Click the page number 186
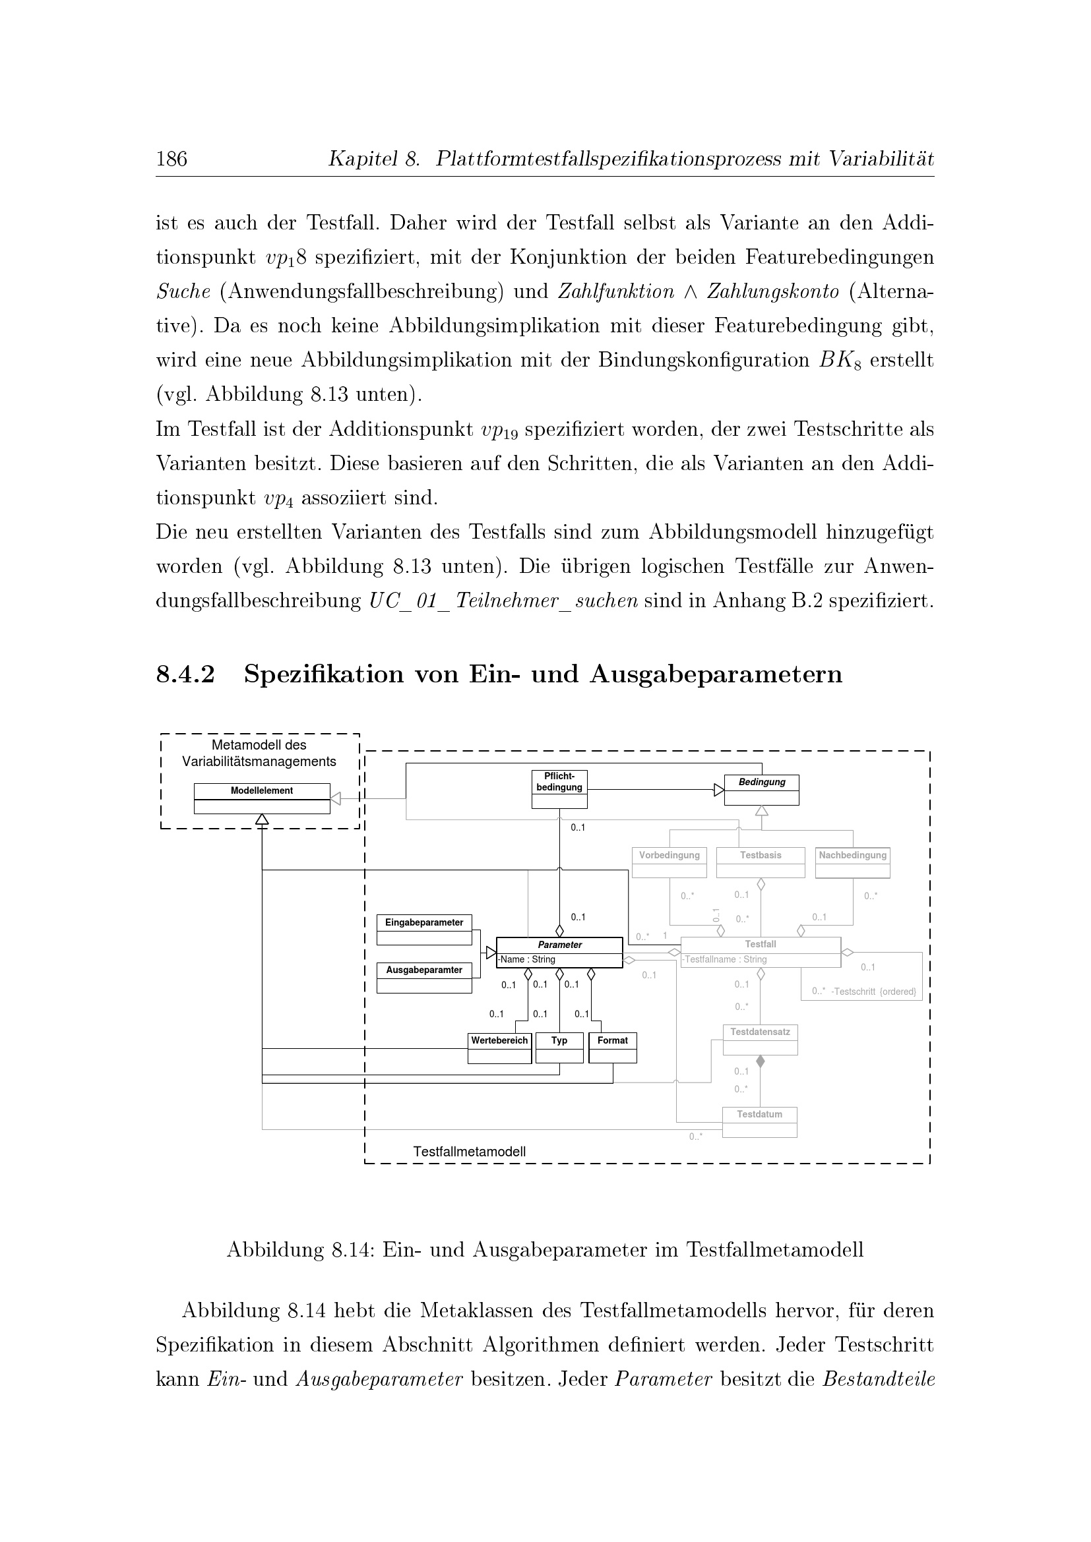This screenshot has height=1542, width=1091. coord(171,159)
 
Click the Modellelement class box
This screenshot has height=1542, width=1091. coord(262,798)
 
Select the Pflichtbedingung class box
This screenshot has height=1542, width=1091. coord(559,789)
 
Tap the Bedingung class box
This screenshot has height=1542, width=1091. coord(761,790)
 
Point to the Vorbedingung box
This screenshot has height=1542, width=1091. coord(669,862)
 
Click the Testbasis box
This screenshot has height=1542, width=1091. coord(761,862)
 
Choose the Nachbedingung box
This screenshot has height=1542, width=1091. coord(852,862)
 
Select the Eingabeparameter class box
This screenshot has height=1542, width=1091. coord(424,930)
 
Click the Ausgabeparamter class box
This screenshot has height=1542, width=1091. coord(424,977)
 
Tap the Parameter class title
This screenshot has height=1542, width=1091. coord(559,944)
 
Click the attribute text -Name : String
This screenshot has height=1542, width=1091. coord(528,960)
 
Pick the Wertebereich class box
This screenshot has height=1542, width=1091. coord(500,1048)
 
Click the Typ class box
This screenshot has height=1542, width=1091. coord(559,1048)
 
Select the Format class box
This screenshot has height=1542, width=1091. coord(613,1048)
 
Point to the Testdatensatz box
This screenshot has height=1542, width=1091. coord(760,1039)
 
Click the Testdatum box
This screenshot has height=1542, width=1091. coord(759,1121)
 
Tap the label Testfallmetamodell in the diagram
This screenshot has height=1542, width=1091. coord(469,1152)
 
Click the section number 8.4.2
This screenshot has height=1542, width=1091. coord(185,674)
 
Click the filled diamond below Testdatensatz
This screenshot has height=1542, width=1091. coord(761,1062)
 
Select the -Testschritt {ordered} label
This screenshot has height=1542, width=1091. coord(873,992)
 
